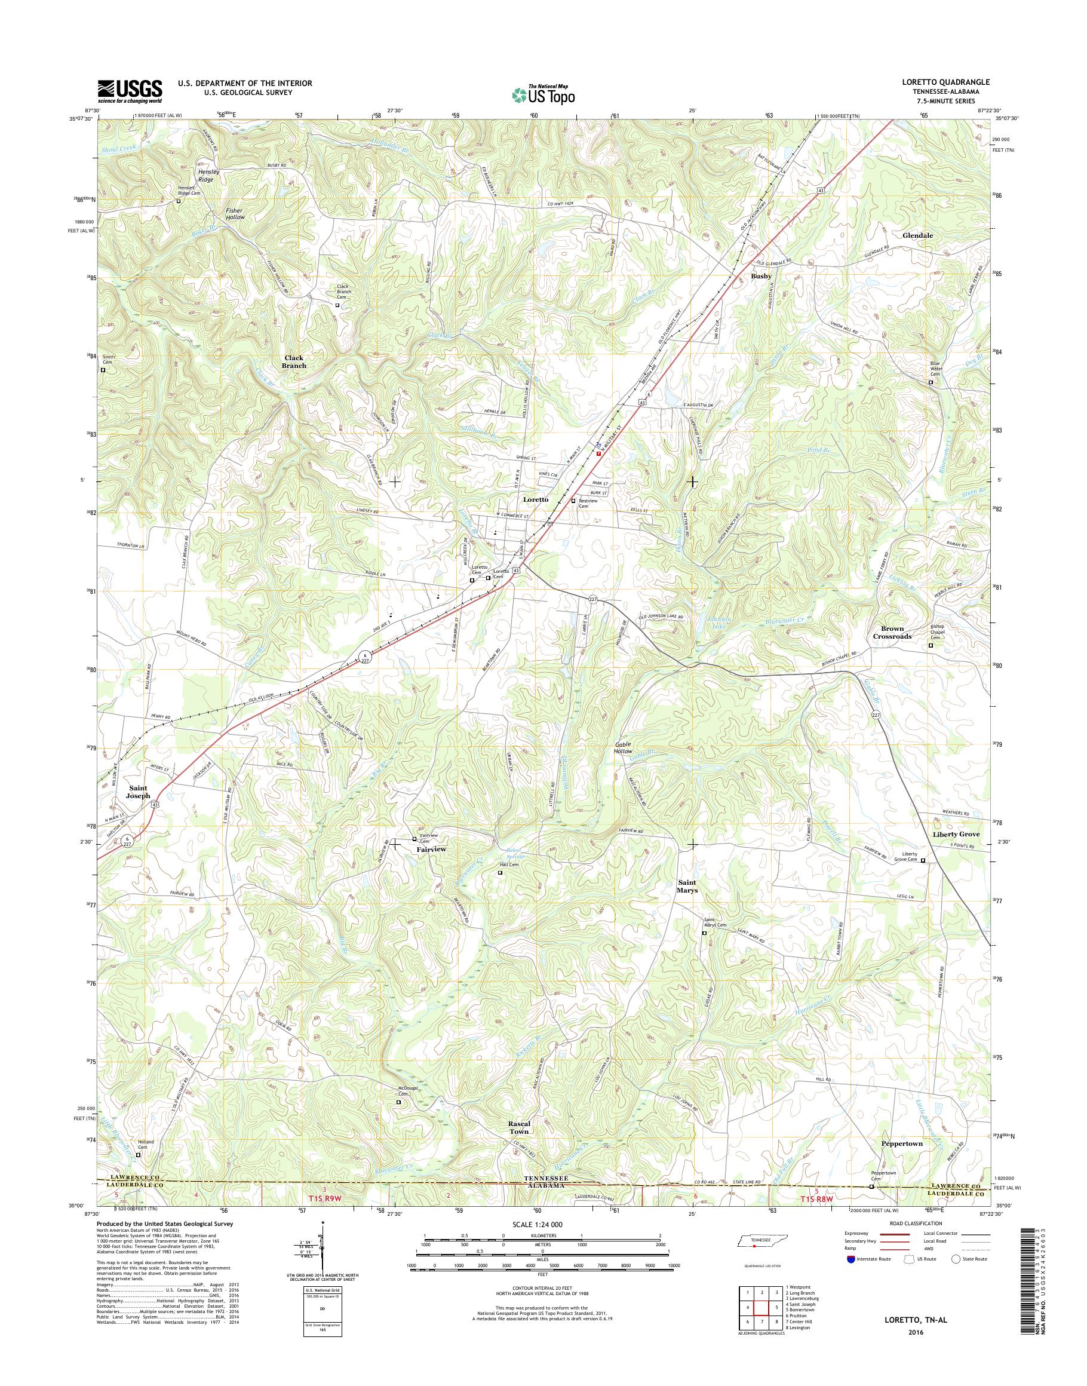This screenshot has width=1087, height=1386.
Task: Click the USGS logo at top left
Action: coord(130,91)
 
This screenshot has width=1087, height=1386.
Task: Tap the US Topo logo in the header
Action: coord(543,95)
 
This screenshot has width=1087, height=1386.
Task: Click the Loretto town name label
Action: coord(535,500)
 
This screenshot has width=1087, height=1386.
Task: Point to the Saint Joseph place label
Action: coord(138,792)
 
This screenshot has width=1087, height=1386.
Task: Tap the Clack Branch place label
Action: coord(294,361)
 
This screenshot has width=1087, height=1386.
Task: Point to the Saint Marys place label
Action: coord(687,886)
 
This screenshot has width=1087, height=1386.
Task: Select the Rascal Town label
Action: coord(518,1145)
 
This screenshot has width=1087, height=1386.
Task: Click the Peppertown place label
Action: coord(902,1161)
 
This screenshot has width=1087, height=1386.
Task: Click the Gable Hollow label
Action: coord(624,748)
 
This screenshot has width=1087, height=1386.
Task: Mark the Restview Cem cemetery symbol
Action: coord(573,501)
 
